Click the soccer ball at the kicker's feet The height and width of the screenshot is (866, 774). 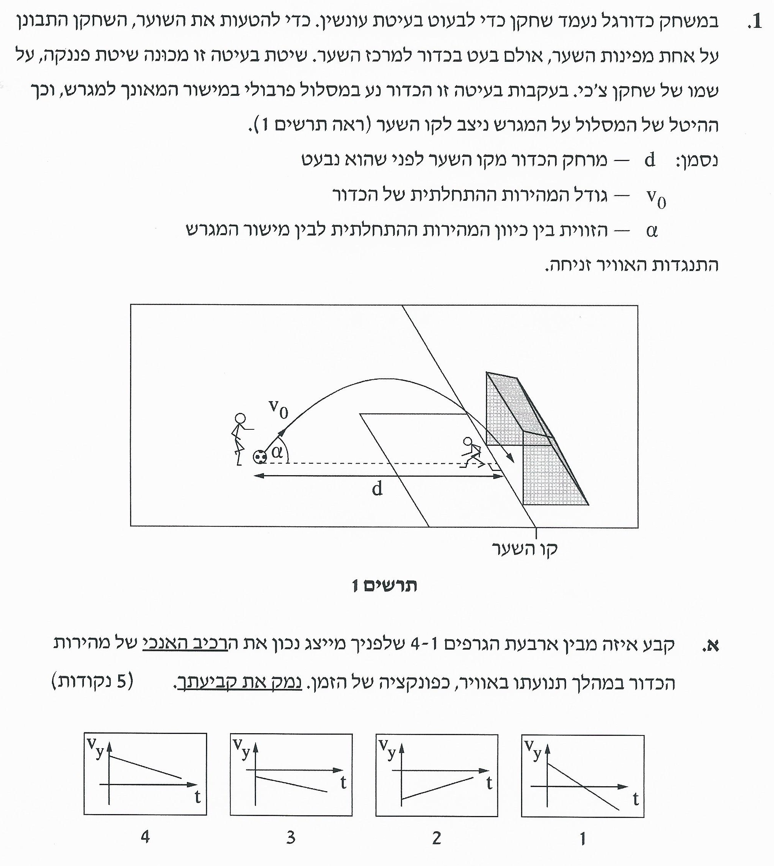pyautogui.click(x=259, y=456)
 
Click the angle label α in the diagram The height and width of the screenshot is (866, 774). pyautogui.click(x=277, y=452)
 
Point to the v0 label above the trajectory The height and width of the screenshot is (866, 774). pyautogui.click(x=278, y=408)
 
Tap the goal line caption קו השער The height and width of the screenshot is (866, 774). pyautogui.click(x=525, y=549)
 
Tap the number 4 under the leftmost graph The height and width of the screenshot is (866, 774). pyautogui.click(x=145, y=837)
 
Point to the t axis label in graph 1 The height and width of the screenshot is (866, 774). pyautogui.click(x=636, y=800)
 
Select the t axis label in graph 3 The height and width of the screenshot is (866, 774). pyautogui.click(x=343, y=782)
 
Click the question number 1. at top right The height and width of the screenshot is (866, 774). pyautogui.click(x=755, y=21)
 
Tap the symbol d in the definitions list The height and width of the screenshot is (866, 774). pyautogui.click(x=650, y=160)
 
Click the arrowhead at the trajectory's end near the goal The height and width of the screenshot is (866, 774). pyautogui.click(x=511, y=459)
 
